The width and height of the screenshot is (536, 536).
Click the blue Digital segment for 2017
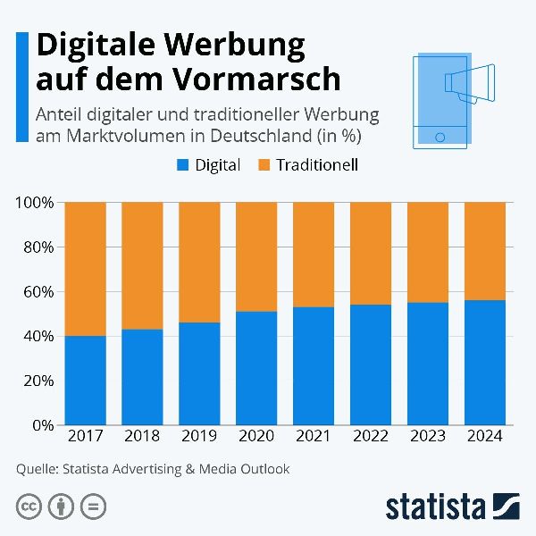[86, 381]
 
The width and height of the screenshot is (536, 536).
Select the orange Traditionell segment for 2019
[199, 262]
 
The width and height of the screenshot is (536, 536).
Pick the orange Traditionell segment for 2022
[370, 253]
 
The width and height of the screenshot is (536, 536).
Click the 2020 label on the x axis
[256, 437]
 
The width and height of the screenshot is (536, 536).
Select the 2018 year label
[143, 437]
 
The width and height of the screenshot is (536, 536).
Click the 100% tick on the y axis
[35, 203]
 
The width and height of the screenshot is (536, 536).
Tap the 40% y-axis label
[38, 337]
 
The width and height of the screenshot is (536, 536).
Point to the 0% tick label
[42, 425]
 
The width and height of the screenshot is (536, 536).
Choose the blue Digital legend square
[184, 165]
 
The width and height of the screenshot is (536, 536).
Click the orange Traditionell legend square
[265, 165]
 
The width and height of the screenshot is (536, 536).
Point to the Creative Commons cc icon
[29, 507]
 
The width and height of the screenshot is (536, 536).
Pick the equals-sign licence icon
[92, 507]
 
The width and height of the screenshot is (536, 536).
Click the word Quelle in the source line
[37, 468]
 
